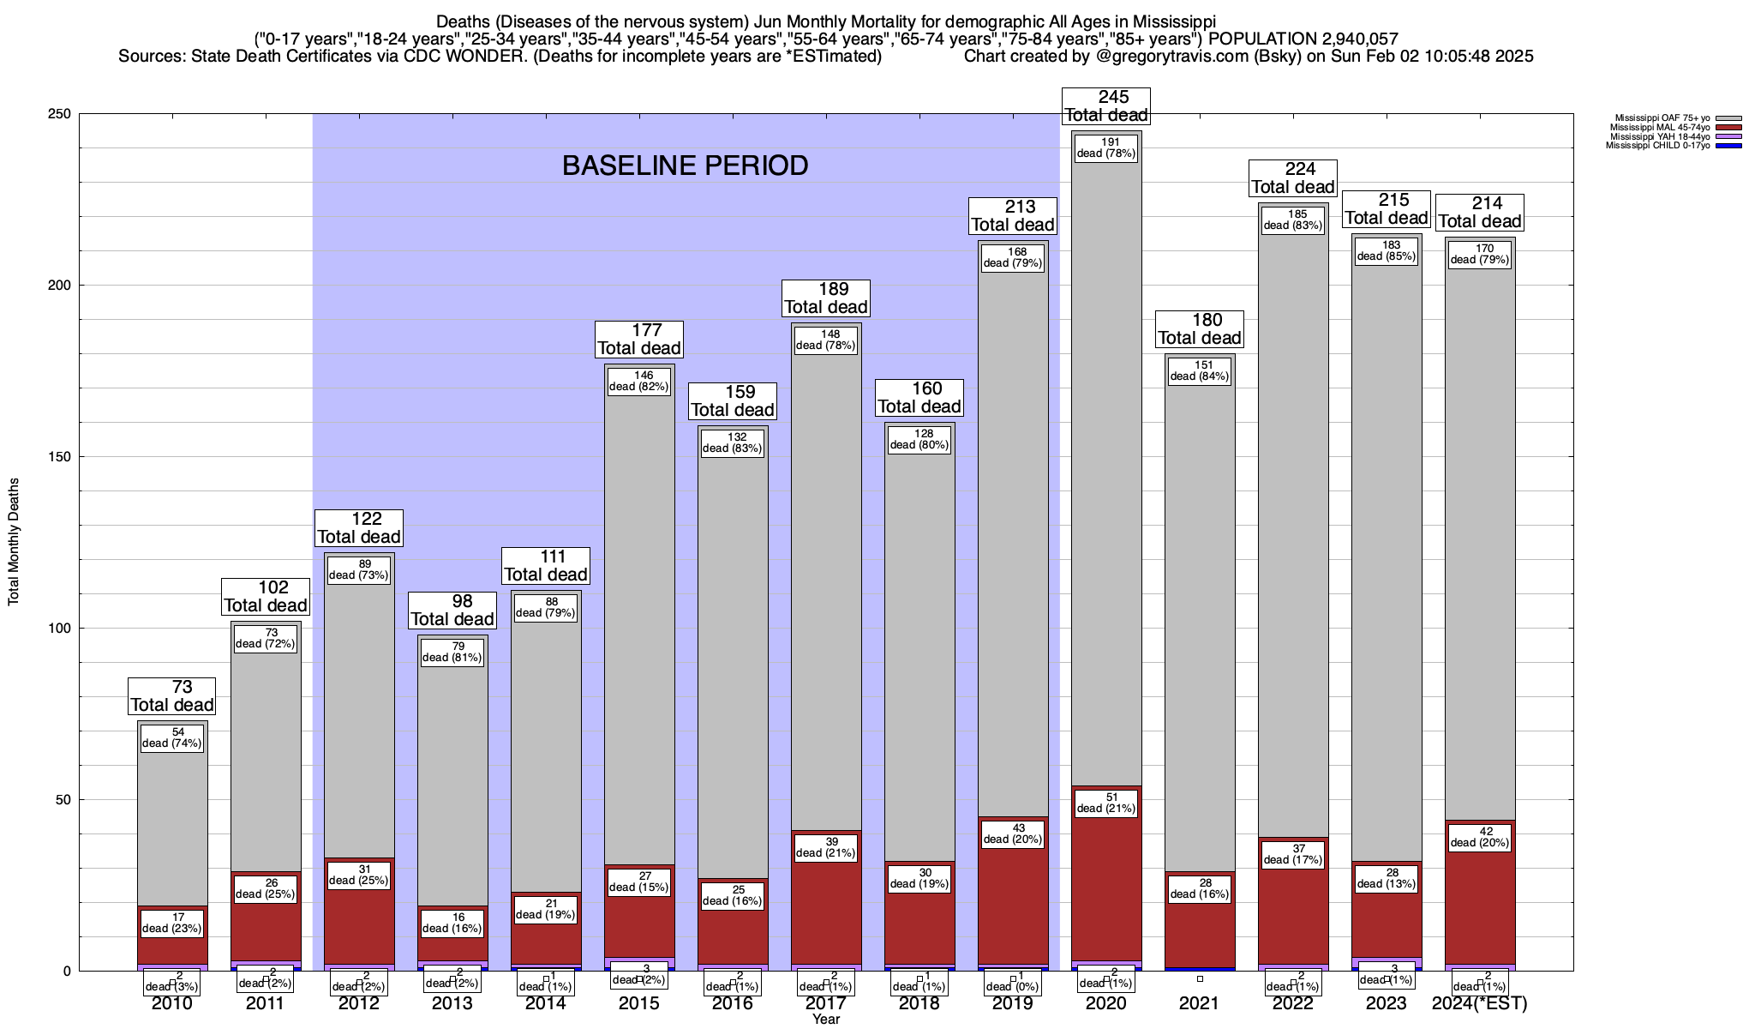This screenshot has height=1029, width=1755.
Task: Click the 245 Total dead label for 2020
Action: pyautogui.click(x=1105, y=106)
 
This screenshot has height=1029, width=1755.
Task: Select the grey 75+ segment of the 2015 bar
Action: pyautogui.click(x=639, y=617)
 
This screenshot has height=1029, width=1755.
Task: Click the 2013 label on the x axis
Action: pyautogui.click(x=452, y=1003)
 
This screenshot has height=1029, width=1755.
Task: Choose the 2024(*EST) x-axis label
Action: pyautogui.click(x=1479, y=1003)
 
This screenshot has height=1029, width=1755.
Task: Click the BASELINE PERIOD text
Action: pyautogui.click(x=685, y=165)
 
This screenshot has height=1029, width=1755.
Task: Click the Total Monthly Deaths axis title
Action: pyautogui.click(x=14, y=542)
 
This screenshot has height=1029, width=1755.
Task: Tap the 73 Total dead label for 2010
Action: pyautogui.click(x=172, y=696)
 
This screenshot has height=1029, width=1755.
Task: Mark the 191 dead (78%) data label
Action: pyautogui.click(x=1105, y=147)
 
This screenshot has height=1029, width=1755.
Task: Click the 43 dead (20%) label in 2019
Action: pyautogui.click(x=1012, y=833)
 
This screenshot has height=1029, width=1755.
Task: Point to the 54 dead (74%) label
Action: pyautogui.click(x=172, y=737)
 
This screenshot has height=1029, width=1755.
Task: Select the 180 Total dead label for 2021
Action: pyautogui.click(x=1200, y=329)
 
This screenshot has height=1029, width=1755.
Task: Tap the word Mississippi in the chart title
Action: pyautogui.click(x=1173, y=21)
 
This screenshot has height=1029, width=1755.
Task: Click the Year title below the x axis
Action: pyautogui.click(x=826, y=1020)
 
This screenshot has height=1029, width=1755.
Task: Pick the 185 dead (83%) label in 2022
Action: pyautogui.click(x=1292, y=220)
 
